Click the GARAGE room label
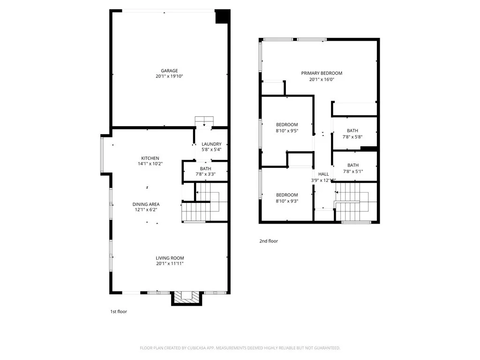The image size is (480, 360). click(170, 71)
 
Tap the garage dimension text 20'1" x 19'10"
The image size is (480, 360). click(170, 76)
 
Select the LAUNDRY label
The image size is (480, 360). click(211, 144)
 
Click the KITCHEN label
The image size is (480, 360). click(150, 158)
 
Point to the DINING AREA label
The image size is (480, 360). click(146, 204)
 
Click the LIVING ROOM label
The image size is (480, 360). click(170, 258)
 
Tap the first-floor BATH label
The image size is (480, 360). click(205, 169)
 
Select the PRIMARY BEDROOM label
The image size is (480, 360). click(322, 73)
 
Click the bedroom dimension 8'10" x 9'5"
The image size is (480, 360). click(286, 131)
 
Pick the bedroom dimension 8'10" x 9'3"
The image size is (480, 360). click(286, 201)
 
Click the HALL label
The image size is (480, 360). click(323, 174)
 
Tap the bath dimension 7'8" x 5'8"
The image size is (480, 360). click(354, 137)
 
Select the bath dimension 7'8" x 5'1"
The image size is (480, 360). click(354, 172)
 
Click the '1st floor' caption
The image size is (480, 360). click(118, 311)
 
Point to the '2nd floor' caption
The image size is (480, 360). click(269, 241)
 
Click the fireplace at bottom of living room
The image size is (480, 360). click(187, 298)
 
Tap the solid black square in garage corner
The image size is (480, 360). click(222, 16)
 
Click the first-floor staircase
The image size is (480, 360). click(203, 206)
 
